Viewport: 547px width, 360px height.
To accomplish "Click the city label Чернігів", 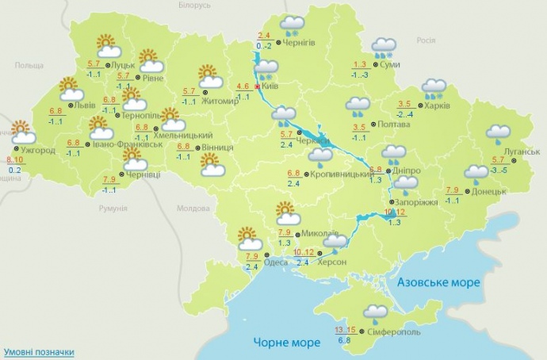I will (x=302, y=43).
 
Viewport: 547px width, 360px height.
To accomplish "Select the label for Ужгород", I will (x=39, y=149).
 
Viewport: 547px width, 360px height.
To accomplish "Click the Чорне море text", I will (x=287, y=343).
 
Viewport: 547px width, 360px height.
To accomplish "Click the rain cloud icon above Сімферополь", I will (x=377, y=312).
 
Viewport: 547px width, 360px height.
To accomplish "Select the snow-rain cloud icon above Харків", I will (x=434, y=87).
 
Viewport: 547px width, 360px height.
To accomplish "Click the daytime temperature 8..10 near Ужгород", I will (x=13, y=159).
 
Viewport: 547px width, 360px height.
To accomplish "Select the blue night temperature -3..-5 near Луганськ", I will (x=499, y=170).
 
